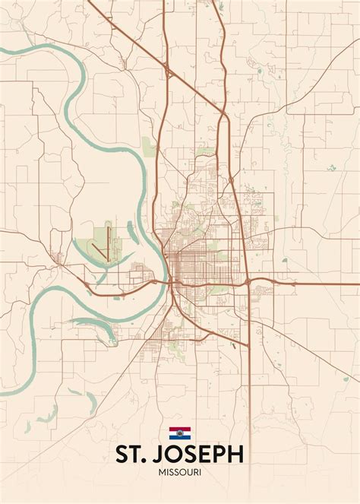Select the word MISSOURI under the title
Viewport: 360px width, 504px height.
point(180,474)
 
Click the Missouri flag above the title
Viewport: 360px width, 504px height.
point(180,434)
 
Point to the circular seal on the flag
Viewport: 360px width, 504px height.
point(180,434)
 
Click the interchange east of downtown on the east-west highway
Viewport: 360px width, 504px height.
point(248,283)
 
